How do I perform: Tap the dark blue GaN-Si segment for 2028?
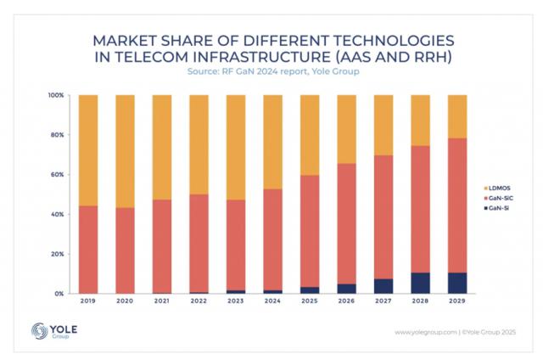click(420, 283)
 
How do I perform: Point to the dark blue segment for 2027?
click(383, 286)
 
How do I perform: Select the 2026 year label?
click(346, 302)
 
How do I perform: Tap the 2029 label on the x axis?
click(456, 302)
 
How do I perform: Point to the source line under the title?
click(271, 73)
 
